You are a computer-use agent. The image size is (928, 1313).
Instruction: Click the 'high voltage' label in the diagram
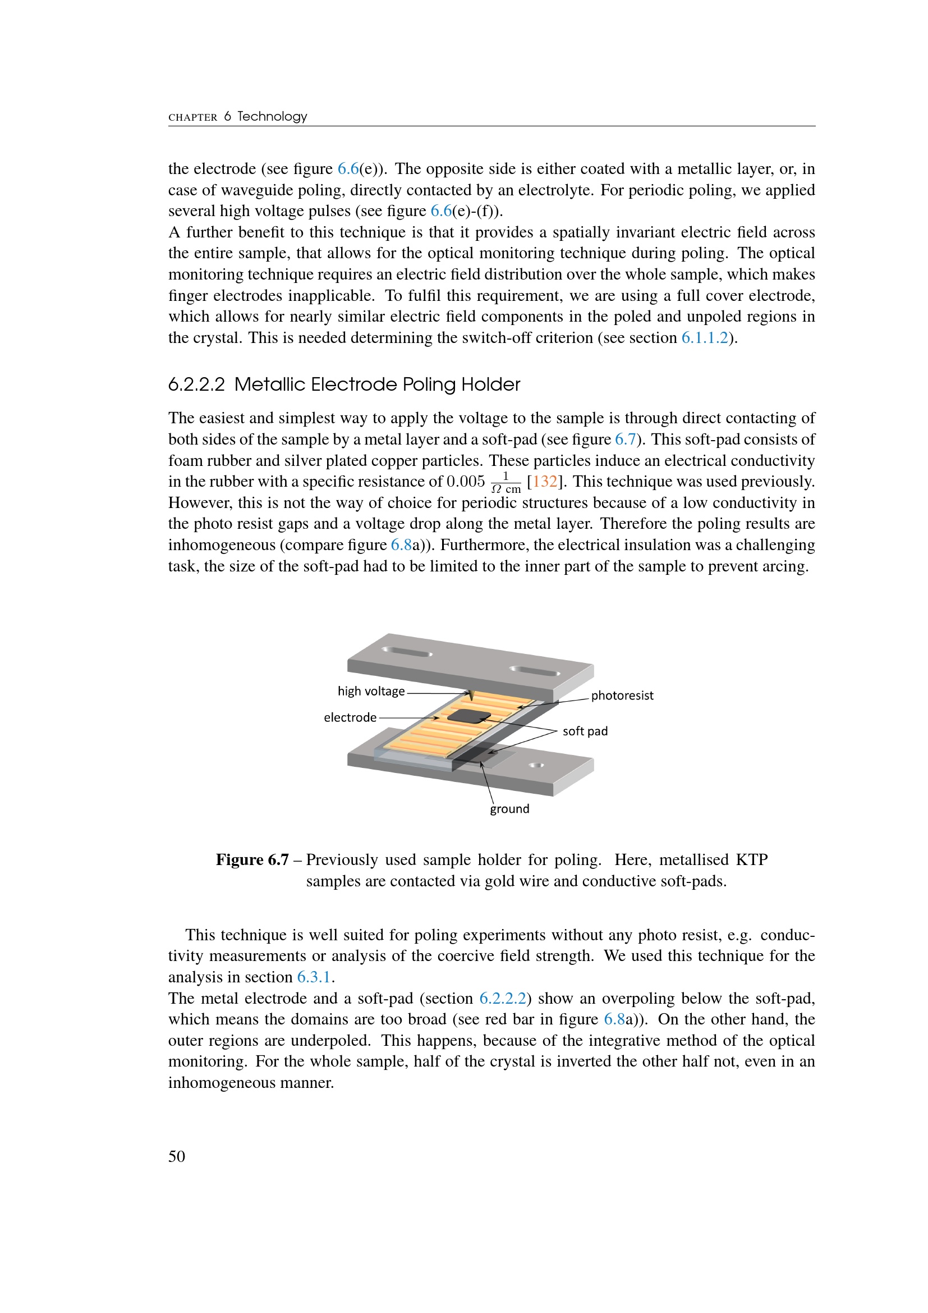click(x=371, y=691)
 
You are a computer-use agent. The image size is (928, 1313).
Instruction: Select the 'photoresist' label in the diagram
click(x=622, y=696)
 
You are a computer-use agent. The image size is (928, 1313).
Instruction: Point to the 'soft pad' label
click(x=585, y=731)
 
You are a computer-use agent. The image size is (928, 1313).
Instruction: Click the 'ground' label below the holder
click(x=509, y=808)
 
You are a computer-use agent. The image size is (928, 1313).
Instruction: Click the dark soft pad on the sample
click(x=468, y=716)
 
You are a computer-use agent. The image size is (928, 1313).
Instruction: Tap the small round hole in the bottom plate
click(x=536, y=765)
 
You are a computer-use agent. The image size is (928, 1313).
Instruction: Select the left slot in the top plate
click(x=406, y=652)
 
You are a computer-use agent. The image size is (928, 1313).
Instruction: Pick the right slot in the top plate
click(x=534, y=671)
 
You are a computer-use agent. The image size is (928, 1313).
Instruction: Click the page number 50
click(x=177, y=1156)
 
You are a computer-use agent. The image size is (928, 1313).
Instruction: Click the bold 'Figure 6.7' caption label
click(x=252, y=859)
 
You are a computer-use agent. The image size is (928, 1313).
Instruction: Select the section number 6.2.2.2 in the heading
click(x=196, y=385)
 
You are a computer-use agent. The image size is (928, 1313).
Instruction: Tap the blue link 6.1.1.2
click(x=705, y=337)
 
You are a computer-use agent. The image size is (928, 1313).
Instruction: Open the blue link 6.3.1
click(x=314, y=977)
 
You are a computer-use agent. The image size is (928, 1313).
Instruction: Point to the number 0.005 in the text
click(x=465, y=482)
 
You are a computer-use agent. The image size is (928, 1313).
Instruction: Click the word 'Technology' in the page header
click(x=272, y=117)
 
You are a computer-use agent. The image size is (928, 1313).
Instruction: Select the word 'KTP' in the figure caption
click(x=751, y=859)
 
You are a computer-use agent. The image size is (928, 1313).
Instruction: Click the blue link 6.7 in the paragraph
click(x=625, y=439)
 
